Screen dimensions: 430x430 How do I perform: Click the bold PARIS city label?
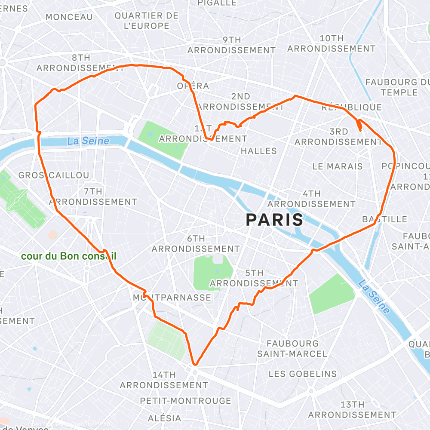(x=274, y=220)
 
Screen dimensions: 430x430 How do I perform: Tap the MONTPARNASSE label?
(x=172, y=298)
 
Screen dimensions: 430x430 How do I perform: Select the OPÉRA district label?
(x=193, y=86)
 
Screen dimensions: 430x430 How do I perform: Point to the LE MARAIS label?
(x=338, y=166)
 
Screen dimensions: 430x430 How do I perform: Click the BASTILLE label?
(x=384, y=219)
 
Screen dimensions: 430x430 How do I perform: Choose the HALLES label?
(x=259, y=151)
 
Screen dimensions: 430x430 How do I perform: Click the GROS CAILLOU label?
(x=54, y=175)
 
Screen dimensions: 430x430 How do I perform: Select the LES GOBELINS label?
(x=303, y=374)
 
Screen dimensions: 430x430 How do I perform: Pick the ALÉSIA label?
(x=165, y=418)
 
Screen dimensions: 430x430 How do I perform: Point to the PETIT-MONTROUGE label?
(x=185, y=401)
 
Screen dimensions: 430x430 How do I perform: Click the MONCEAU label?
(x=69, y=17)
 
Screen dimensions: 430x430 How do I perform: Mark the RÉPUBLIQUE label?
(x=352, y=107)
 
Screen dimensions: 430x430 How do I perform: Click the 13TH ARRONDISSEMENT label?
(x=352, y=410)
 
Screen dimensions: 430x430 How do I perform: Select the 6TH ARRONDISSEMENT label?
(x=196, y=244)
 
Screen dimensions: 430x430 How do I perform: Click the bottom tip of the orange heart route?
(x=195, y=364)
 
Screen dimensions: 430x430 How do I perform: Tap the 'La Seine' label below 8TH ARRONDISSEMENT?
(x=88, y=141)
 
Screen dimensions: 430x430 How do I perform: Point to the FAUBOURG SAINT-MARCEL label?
(x=292, y=349)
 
